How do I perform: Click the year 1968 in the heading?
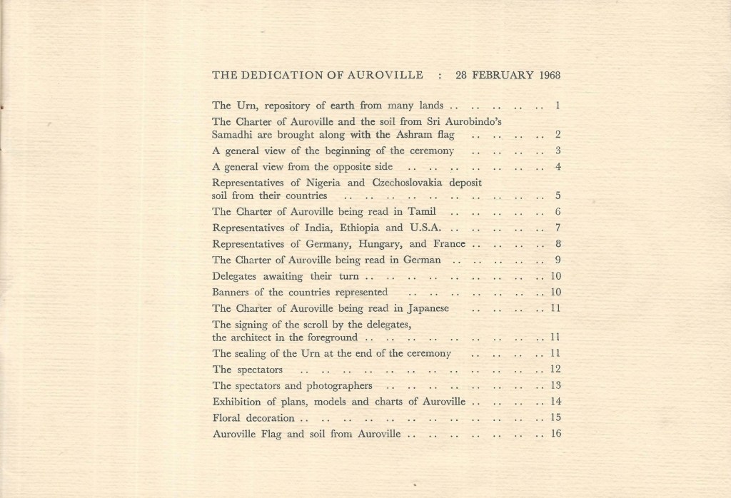click(x=546, y=74)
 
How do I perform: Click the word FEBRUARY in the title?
click(x=499, y=74)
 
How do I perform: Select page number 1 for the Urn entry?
click(x=557, y=106)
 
